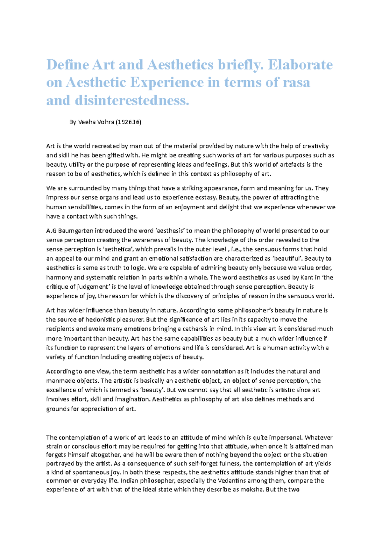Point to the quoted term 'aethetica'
[118, 249]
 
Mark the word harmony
[59, 278]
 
